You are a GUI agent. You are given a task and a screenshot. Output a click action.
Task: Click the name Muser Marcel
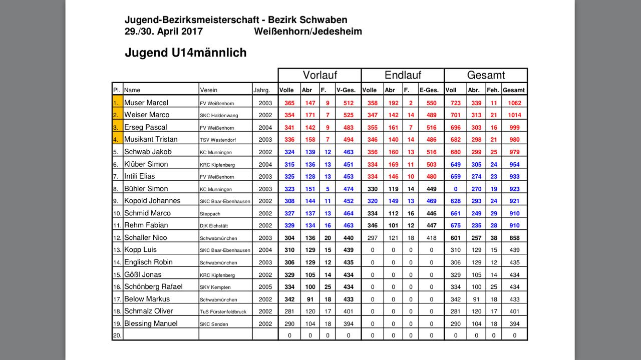click(x=146, y=103)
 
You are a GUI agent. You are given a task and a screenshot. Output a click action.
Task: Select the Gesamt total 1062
click(x=514, y=103)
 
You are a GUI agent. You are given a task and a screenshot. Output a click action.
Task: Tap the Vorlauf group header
click(x=319, y=75)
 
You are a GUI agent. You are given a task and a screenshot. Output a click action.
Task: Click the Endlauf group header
click(x=403, y=75)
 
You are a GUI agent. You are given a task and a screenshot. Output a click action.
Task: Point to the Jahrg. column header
click(x=262, y=90)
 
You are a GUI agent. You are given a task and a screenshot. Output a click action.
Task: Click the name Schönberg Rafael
click(x=153, y=286)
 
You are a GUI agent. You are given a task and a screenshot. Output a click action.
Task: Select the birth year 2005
click(x=265, y=287)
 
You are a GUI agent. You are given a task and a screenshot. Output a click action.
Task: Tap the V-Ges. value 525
click(x=349, y=115)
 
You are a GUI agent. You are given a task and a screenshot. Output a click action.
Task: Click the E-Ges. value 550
click(x=431, y=103)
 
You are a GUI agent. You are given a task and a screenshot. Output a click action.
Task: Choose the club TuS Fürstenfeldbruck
click(x=223, y=311)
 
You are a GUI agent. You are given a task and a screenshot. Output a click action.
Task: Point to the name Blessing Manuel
click(x=151, y=323)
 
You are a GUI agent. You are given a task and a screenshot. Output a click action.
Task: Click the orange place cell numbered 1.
click(x=117, y=103)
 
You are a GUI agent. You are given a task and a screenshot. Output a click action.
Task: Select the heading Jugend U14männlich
click(x=185, y=53)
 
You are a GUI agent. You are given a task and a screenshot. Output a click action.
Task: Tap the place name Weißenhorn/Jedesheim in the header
click(x=308, y=32)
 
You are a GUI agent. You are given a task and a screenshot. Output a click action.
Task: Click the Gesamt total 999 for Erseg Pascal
click(x=514, y=128)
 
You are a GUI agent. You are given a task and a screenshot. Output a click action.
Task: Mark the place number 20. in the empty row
click(x=117, y=335)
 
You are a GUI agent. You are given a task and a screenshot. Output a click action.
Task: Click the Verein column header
click(x=209, y=90)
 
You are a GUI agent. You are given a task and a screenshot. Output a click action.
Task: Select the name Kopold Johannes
click(x=152, y=201)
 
